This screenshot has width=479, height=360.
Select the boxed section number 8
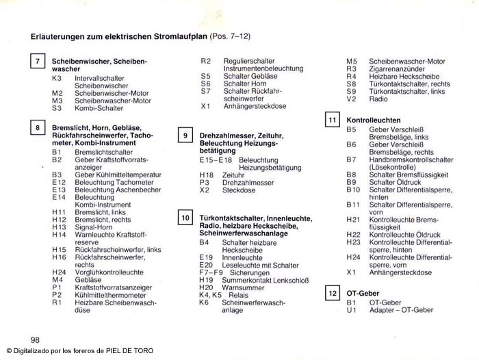click(x=38, y=128)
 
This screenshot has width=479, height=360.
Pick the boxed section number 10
click(x=185, y=218)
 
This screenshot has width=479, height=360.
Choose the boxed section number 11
click(x=333, y=120)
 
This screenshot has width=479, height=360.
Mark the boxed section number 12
click(x=333, y=294)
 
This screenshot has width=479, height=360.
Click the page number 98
click(x=36, y=339)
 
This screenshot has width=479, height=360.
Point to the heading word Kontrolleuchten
click(x=374, y=120)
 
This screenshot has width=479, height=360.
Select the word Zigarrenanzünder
click(x=397, y=69)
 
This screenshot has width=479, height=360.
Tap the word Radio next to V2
click(x=378, y=99)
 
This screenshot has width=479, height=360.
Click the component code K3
click(x=57, y=78)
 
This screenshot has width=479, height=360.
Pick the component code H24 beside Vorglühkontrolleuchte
click(x=60, y=272)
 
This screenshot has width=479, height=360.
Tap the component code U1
click(x=351, y=310)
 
